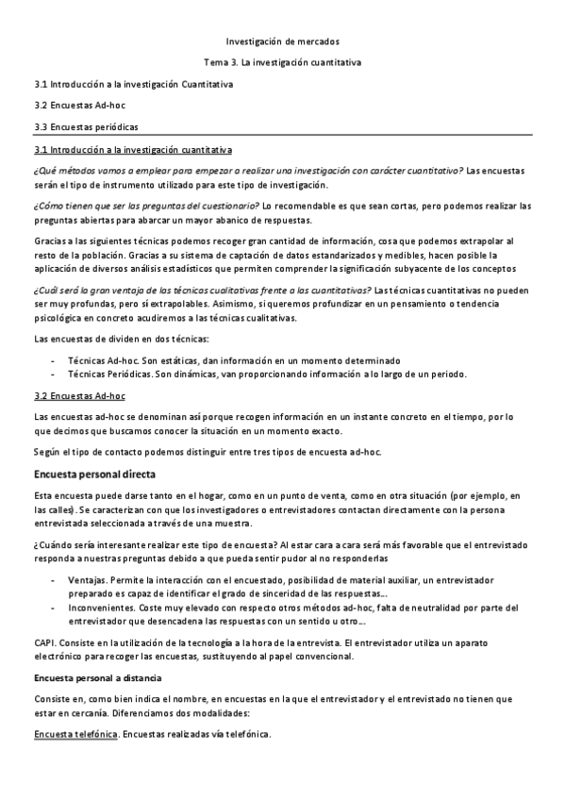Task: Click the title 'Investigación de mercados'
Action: point(282,42)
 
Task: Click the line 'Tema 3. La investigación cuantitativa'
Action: point(282,62)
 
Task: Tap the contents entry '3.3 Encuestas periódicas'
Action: point(80,125)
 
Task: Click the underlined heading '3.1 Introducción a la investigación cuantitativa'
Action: point(134,150)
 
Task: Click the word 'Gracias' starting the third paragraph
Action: point(49,241)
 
